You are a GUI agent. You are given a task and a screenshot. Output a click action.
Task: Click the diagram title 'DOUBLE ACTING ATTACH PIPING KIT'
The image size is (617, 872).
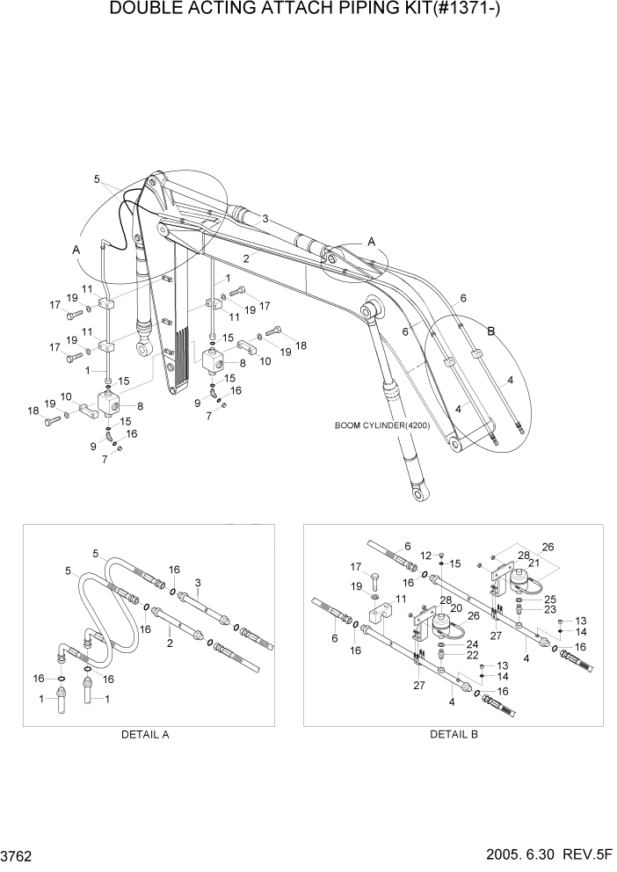click(307, 11)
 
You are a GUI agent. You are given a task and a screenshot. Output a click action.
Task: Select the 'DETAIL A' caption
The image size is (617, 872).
click(146, 735)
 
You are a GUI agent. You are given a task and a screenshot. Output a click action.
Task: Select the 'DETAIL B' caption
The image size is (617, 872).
click(453, 735)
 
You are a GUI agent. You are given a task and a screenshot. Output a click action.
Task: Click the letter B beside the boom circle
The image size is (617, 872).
click(491, 331)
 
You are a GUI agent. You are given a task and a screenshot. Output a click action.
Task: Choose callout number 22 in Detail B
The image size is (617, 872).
click(473, 655)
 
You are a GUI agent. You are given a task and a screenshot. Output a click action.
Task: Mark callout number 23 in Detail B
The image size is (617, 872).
click(549, 609)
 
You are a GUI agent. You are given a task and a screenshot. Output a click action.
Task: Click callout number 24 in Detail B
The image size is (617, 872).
click(472, 643)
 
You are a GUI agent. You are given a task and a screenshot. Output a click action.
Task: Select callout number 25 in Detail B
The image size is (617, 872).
click(549, 599)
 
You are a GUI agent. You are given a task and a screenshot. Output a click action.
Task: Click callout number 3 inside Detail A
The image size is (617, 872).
click(198, 582)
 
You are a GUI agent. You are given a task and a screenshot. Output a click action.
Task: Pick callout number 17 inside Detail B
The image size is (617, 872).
click(357, 566)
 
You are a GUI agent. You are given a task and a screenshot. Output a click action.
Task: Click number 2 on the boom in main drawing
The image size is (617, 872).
click(247, 259)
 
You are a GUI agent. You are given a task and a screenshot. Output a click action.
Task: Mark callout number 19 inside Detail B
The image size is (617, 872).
click(357, 585)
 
